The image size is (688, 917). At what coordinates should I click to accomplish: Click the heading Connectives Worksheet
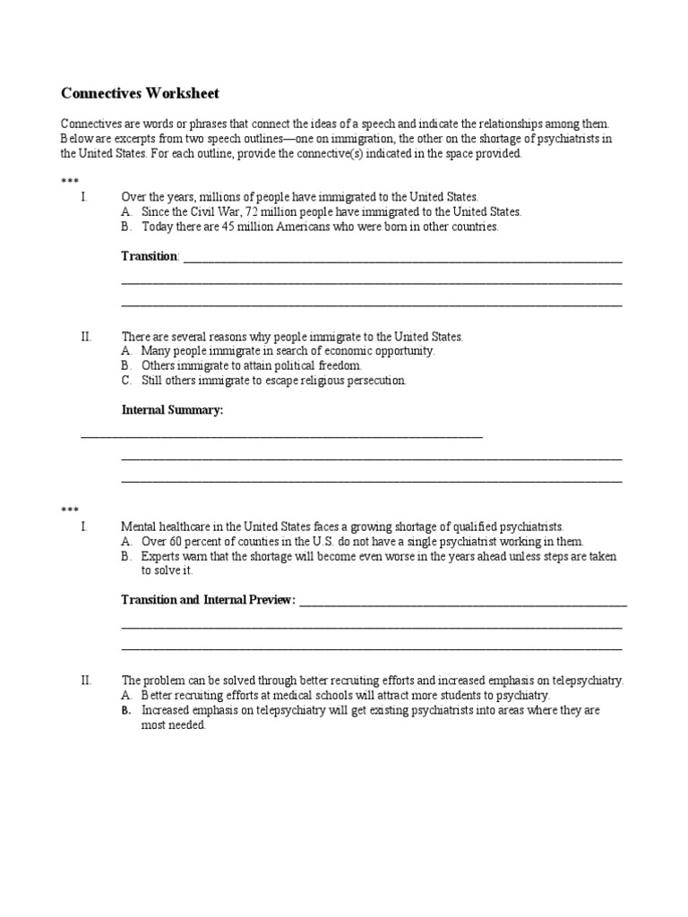pos(139,93)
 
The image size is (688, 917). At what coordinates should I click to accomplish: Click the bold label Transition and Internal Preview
pos(208,599)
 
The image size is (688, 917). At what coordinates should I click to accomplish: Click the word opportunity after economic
pos(403,351)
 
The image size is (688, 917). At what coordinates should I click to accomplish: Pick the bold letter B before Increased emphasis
pos(125,710)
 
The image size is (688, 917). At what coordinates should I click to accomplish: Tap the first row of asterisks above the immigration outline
pos(70,183)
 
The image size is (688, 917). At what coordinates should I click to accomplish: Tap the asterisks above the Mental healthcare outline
pos(70,510)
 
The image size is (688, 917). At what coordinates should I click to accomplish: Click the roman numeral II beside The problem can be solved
pos(86,681)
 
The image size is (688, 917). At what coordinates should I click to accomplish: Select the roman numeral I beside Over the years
pos(83,197)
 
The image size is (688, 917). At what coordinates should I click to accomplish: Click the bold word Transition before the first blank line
pos(150,256)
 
